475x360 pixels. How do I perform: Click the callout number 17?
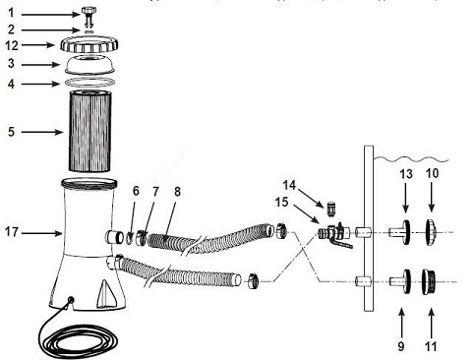[11, 232]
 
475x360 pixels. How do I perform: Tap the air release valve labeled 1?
[88, 17]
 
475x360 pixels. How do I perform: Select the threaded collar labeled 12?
[89, 45]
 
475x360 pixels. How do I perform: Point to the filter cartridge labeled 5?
[89, 131]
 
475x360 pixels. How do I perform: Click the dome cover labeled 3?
[89, 65]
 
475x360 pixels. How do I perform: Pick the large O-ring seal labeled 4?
[89, 83]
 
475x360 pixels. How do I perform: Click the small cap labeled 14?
[331, 209]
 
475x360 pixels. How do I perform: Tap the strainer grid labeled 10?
[432, 232]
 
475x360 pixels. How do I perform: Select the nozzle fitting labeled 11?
[429, 282]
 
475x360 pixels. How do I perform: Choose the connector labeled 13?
[400, 232]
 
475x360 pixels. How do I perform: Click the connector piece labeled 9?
[400, 282]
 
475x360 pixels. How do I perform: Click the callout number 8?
[177, 192]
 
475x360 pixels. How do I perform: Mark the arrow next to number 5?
[42, 132]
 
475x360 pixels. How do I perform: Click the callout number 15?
[282, 202]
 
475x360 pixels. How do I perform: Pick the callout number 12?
[12, 45]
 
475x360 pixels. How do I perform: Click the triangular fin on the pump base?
[105, 293]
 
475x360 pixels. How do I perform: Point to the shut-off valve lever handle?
[341, 242]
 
